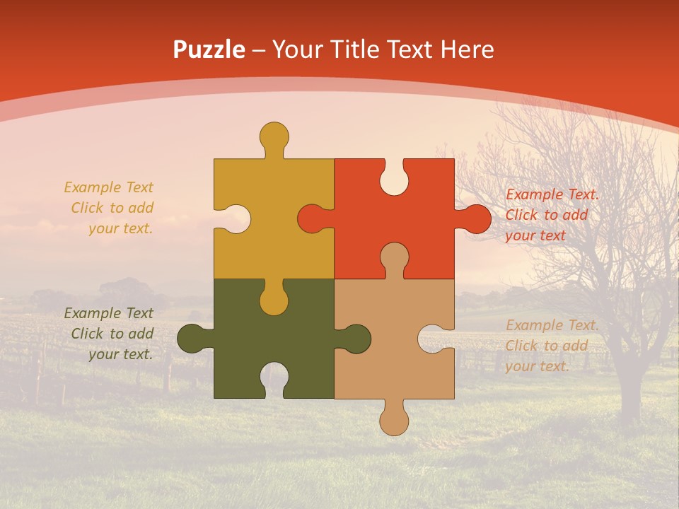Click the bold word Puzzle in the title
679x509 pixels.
209,50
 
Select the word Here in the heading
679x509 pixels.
467,50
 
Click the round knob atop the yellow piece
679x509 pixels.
274,135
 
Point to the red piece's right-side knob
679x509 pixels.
476,219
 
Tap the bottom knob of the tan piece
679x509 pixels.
394,421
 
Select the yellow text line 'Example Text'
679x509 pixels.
108,187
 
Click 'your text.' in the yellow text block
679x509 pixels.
120,228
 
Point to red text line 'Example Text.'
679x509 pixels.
552,194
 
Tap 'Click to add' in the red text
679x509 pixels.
547,215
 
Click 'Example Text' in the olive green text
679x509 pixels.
108,313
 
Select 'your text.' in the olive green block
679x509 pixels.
120,354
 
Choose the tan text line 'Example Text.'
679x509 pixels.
552,325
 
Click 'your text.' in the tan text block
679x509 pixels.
537,366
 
